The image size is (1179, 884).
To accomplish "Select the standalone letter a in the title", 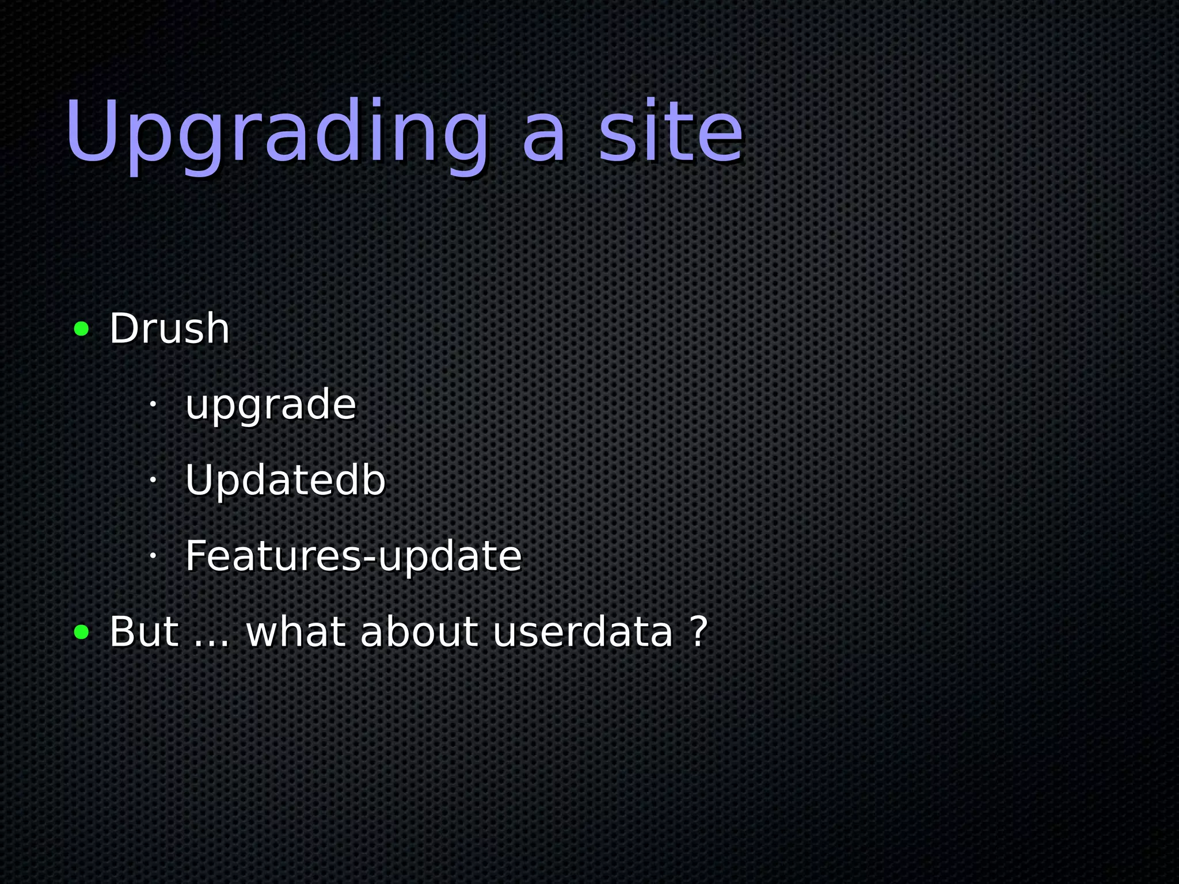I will tap(544, 138).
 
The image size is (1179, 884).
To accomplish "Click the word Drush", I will tap(169, 329).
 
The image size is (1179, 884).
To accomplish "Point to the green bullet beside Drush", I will tap(82, 329).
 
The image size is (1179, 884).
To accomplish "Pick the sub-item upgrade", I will tap(271, 405).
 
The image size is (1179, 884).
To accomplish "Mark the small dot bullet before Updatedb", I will tap(153, 479).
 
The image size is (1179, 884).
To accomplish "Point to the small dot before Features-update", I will tap(153, 555).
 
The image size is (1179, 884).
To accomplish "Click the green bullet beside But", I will tap(82, 632).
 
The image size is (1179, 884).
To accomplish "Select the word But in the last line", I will tap(144, 632).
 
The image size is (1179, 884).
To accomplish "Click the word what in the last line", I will tap(296, 632).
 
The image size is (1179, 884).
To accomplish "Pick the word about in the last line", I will tap(419, 632).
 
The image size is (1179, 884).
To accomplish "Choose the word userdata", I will tap(583, 632).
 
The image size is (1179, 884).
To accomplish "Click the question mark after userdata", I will tap(698, 632).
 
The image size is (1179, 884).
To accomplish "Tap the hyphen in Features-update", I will tap(369, 559).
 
